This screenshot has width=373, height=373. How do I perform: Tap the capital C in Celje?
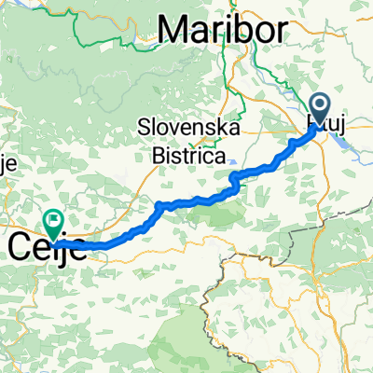pos(22,248)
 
